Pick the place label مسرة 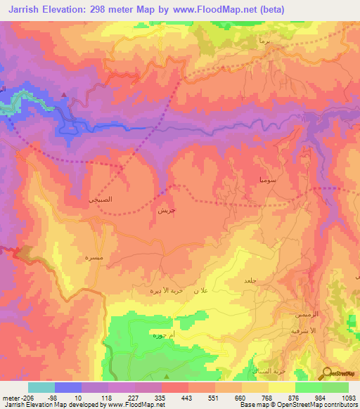point(92,257)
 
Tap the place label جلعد point(248,280)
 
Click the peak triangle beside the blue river point(65,94)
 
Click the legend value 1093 point(349,396)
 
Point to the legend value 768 point(255,396)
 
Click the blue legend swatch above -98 point(68,387)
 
